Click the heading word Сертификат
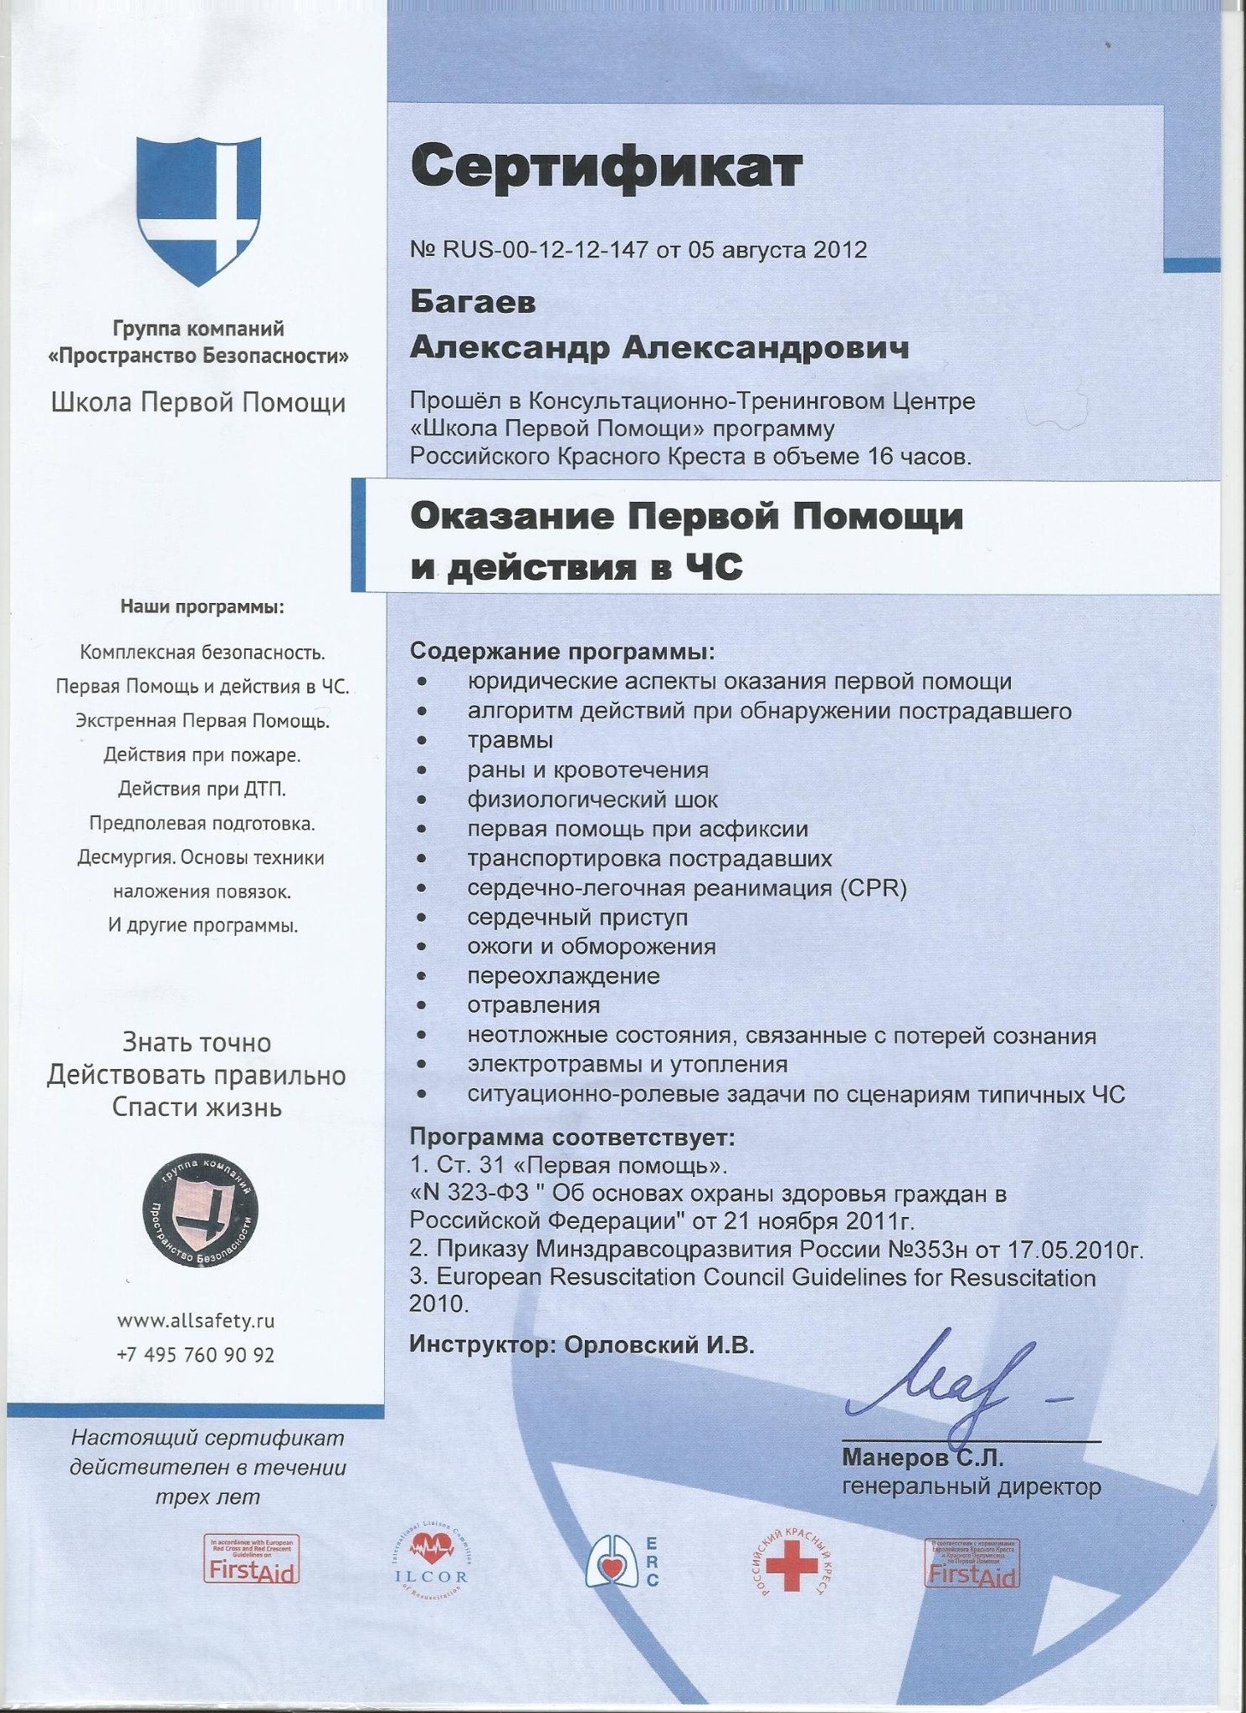(606, 166)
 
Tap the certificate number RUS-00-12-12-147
(545, 249)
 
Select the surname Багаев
(473, 302)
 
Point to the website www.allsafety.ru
(196, 1321)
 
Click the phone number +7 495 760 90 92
(196, 1354)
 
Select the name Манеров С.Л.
(922, 1458)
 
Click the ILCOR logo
(431, 1561)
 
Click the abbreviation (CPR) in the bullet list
(874, 887)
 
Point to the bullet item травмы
(510, 740)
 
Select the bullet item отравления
(533, 1005)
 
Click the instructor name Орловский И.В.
(659, 1344)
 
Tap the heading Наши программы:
(202, 606)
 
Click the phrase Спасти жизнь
(197, 1107)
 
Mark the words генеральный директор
(971, 1486)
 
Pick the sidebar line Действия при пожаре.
(202, 754)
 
